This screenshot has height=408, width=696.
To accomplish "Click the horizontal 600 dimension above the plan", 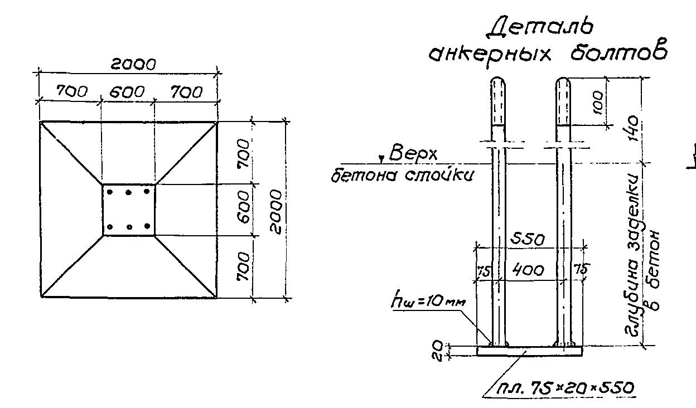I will (127, 92).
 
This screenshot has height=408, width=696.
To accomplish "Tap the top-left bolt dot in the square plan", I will (110, 192).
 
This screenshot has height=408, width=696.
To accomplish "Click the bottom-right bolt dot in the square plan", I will (147, 227).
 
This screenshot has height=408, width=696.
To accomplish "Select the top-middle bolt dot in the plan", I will (129, 192).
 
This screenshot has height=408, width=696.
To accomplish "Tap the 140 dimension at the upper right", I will (634, 131).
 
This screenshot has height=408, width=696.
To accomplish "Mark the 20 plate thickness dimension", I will (438, 351).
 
